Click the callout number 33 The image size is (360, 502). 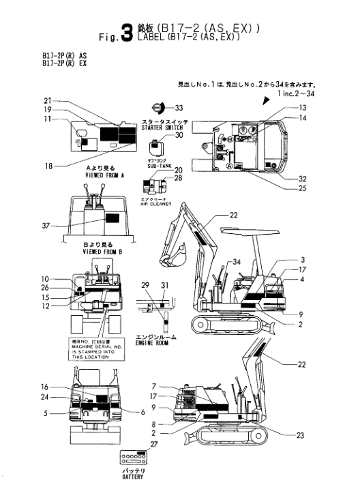click(x=179, y=108)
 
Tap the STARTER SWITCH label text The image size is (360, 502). click(x=160, y=128)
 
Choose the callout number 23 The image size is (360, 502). click(x=299, y=434)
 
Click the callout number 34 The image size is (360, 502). click(x=237, y=262)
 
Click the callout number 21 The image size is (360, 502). click(x=47, y=100)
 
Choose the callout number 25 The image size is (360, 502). click(x=301, y=188)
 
